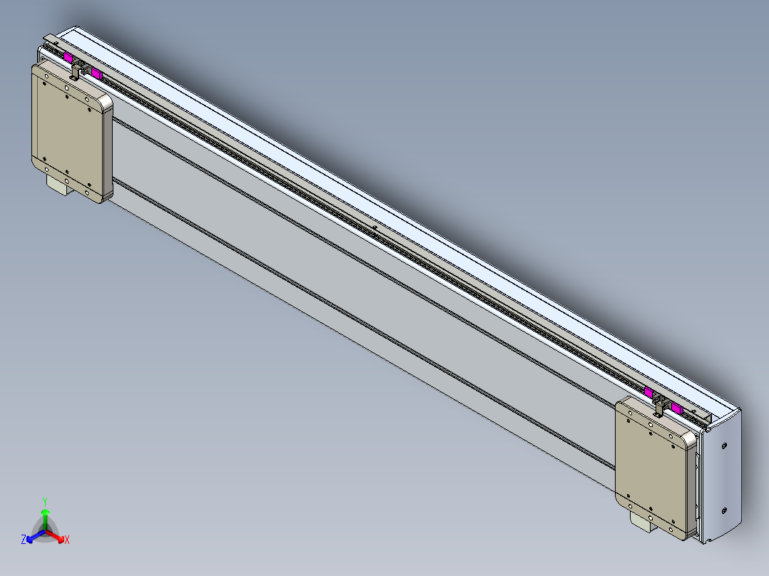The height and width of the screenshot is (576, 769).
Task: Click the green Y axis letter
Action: (x=45, y=500)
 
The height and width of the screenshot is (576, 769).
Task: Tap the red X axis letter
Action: (x=67, y=540)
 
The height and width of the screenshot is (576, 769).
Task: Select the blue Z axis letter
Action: (x=24, y=540)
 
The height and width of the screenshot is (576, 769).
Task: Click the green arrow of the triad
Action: (x=45, y=514)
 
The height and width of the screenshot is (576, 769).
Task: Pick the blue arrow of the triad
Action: (x=31, y=538)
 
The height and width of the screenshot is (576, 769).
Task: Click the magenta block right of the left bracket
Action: (x=96, y=73)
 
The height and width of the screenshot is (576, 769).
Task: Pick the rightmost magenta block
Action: (x=676, y=409)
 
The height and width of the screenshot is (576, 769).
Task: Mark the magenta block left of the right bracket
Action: (x=648, y=391)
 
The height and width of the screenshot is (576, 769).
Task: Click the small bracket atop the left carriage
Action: (x=76, y=68)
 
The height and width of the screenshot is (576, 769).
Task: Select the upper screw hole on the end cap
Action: (x=725, y=446)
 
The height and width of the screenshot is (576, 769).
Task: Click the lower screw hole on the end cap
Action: (x=724, y=510)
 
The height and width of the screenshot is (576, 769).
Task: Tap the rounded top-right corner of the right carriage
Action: (x=690, y=440)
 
